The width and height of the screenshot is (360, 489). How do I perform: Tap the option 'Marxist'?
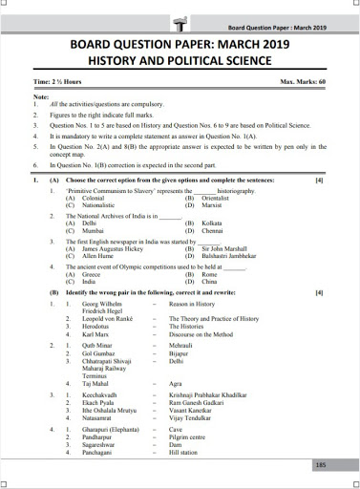(x=212, y=203)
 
